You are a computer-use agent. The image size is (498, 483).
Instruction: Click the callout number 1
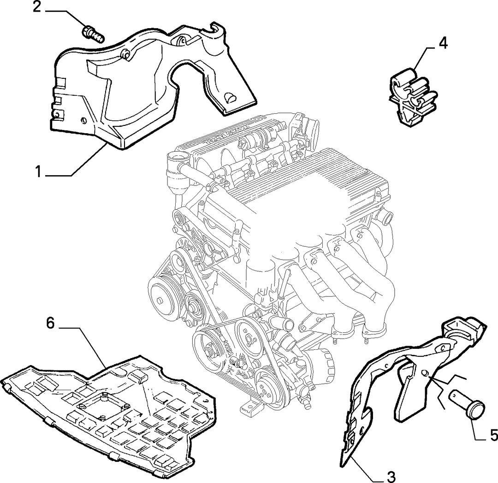click(x=38, y=172)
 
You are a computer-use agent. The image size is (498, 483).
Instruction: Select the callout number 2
click(x=37, y=7)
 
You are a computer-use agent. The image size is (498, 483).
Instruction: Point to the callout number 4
click(x=444, y=43)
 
